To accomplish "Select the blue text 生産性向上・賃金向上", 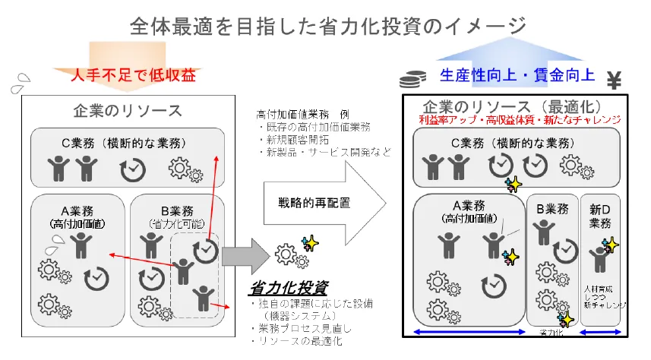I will (x=517, y=74).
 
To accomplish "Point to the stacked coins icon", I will (x=412, y=77).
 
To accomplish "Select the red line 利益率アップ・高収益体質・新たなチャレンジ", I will (x=520, y=120).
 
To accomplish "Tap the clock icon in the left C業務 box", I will (x=133, y=169).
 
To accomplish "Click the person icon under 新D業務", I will (x=599, y=259).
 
